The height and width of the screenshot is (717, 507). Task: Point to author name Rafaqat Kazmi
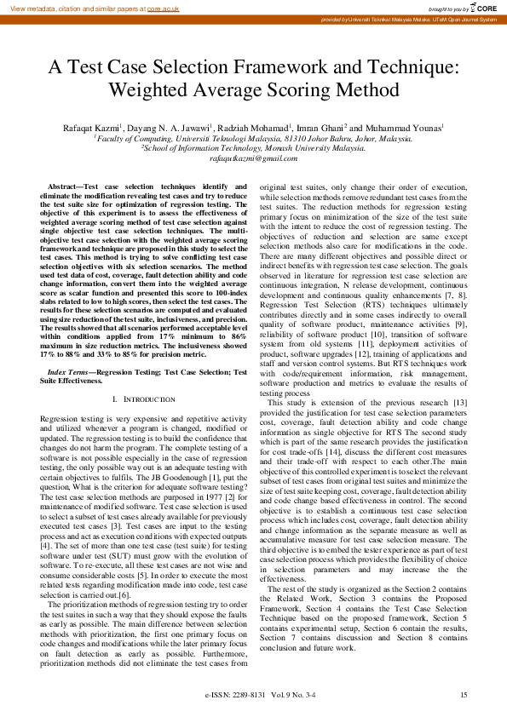pyautogui.click(x=82, y=127)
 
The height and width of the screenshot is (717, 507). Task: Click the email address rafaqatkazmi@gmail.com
pyautogui.click(x=253, y=158)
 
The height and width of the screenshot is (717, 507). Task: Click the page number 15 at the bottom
pyautogui.click(x=464, y=696)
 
